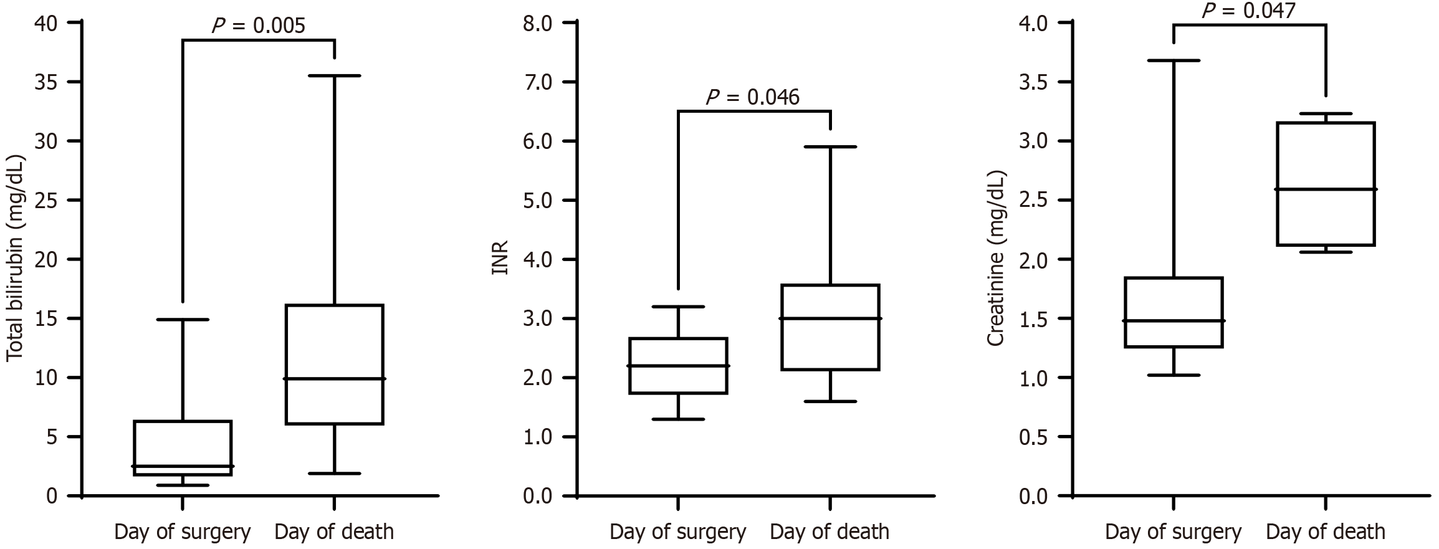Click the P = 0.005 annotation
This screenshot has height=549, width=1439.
[x=258, y=26]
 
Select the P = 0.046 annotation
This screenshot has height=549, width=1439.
[x=752, y=97]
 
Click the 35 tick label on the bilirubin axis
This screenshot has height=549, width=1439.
[x=47, y=82]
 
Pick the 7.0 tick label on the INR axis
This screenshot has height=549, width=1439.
[x=538, y=82]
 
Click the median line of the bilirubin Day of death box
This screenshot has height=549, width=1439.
[x=335, y=378]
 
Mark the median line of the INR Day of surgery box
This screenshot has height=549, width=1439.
[x=678, y=365]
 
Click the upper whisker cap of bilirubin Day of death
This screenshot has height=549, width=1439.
[x=335, y=75]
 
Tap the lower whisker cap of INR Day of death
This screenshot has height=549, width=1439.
[x=829, y=401]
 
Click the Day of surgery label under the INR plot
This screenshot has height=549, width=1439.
[x=677, y=532]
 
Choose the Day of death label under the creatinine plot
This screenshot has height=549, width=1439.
[x=1326, y=532]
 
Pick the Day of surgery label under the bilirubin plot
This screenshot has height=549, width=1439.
[x=182, y=532]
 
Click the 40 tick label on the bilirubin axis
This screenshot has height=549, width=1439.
[x=47, y=23]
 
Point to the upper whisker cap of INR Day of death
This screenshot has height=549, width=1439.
[x=829, y=146]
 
